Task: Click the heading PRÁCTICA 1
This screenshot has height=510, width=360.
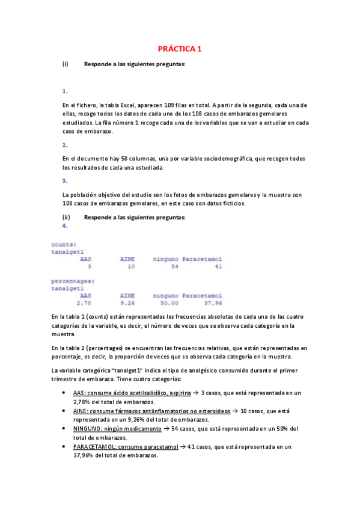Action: pyautogui.click(x=180, y=49)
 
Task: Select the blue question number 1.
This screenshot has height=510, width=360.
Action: pyautogui.click(x=65, y=91)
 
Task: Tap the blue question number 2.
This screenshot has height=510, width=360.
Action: pyautogui.click(x=65, y=145)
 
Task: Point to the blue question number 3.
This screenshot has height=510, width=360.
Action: pyautogui.click(x=65, y=180)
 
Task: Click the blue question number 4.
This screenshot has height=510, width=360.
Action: pyautogui.click(x=65, y=226)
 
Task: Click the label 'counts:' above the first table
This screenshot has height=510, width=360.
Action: pyautogui.click(x=64, y=244)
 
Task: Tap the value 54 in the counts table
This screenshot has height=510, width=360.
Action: pyautogui.click(x=174, y=266)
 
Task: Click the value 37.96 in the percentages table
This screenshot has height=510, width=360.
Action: pyautogui.click(x=213, y=303)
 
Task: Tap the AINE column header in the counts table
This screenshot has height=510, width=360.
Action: pyautogui.click(x=127, y=259)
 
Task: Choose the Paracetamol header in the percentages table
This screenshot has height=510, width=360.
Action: pyautogui.click(x=203, y=295)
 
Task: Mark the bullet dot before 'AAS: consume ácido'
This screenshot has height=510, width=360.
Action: pyautogui.click(x=64, y=392)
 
